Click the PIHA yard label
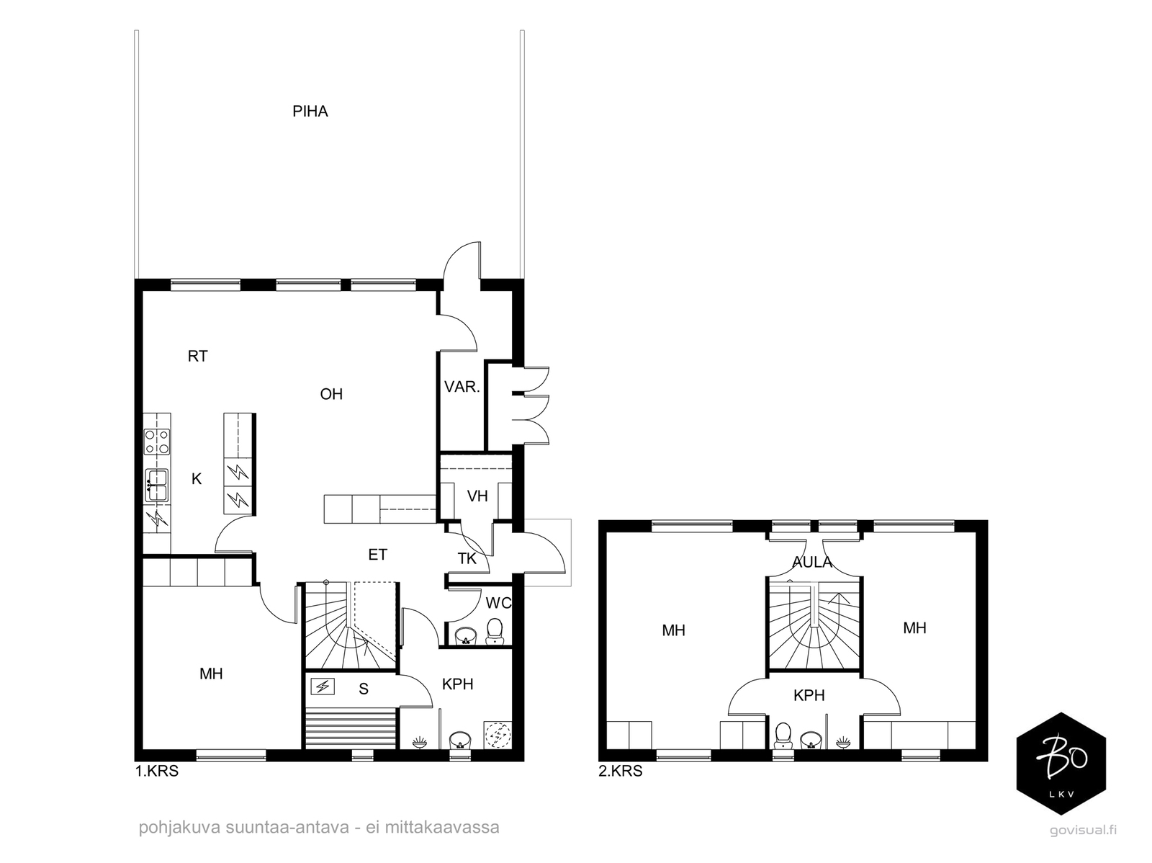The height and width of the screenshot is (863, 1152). [310, 111]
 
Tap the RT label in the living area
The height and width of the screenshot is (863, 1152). [197, 356]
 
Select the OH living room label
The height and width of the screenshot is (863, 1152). [331, 394]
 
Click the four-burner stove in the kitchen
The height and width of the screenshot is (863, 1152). [157, 442]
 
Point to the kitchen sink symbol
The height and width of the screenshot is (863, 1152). [157, 485]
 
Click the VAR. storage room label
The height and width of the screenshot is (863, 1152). [462, 387]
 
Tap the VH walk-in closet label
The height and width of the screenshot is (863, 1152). [477, 496]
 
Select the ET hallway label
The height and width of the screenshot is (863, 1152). [377, 555]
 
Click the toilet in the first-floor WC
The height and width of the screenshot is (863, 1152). [495, 632]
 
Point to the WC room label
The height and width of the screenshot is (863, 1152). [498, 603]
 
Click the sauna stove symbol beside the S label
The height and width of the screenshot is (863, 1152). [323, 686]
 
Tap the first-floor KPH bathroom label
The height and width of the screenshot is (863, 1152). [458, 684]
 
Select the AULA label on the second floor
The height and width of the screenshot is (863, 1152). [812, 562]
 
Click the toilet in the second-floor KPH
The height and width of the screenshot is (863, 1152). [783, 735]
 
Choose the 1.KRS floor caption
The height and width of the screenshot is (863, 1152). [157, 771]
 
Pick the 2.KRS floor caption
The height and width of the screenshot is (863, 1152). [621, 771]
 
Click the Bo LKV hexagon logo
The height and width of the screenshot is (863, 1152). [1061, 764]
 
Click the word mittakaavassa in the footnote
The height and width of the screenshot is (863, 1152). [442, 828]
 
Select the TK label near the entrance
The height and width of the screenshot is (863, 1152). [467, 558]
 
